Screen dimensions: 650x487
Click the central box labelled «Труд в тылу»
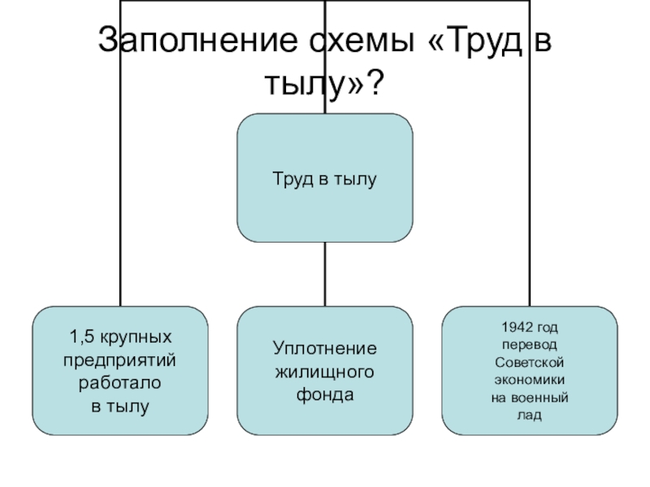click(x=324, y=178)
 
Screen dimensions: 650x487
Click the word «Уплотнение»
click(x=324, y=348)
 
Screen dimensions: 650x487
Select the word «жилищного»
click(x=324, y=372)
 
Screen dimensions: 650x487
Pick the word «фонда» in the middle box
click(x=324, y=395)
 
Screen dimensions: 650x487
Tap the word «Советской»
click(x=529, y=362)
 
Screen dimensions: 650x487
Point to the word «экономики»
click(x=529, y=379)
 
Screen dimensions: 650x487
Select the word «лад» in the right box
click(x=529, y=414)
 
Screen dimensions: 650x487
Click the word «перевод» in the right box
click(x=529, y=344)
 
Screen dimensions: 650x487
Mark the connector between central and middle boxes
click(x=324, y=274)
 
